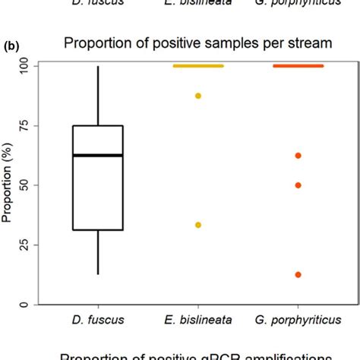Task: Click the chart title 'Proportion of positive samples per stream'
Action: pyautogui.click(x=197, y=44)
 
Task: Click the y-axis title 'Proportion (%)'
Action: pyautogui.click(x=8, y=185)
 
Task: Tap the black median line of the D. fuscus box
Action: pyautogui.click(x=98, y=156)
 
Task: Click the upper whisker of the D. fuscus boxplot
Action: pyautogui.click(x=98, y=95)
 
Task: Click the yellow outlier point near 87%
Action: pyautogui.click(x=198, y=96)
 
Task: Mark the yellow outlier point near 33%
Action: pyautogui.click(x=198, y=225)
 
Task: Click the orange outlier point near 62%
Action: pyautogui.click(x=298, y=156)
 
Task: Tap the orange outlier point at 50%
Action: pyautogui.click(x=298, y=185)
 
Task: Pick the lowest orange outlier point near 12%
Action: pyautogui.click(x=298, y=274)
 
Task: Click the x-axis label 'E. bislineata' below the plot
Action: pyautogui.click(x=198, y=322)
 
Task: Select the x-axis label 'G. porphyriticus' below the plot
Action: pyautogui.click(x=298, y=322)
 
